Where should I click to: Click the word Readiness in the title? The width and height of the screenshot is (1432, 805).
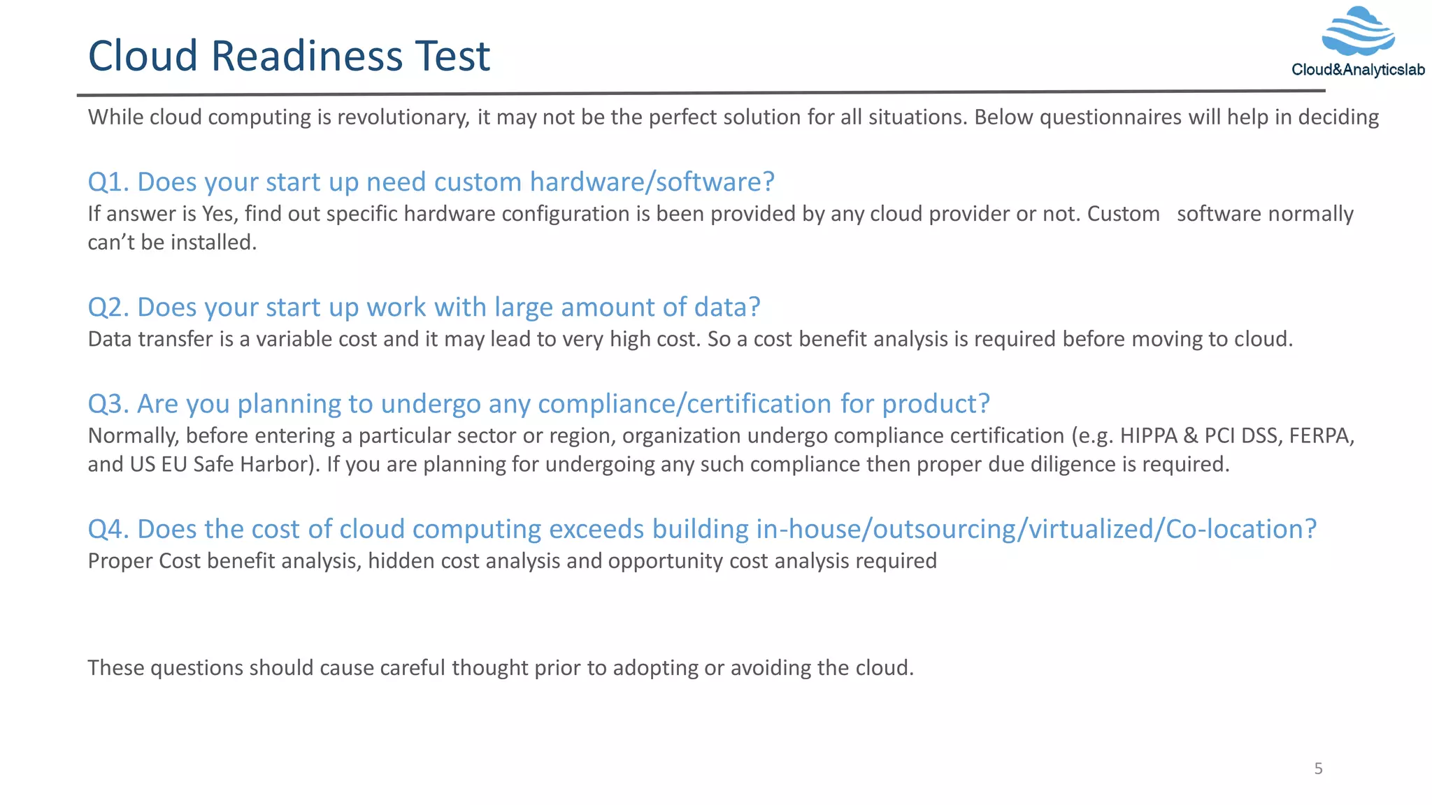pyautogui.click(x=307, y=56)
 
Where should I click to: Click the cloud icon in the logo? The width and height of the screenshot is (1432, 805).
pyautogui.click(x=1358, y=31)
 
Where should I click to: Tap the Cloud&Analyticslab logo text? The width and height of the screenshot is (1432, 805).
pyautogui.click(x=1358, y=70)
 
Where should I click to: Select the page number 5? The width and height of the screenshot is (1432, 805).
pyautogui.click(x=1318, y=769)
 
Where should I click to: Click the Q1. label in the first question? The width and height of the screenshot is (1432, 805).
pyautogui.click(x=108, y=182)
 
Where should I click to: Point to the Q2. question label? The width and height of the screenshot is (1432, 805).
pyautogui.click(x=108, y=307)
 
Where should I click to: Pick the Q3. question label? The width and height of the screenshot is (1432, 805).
pyautogui.click(x=108, y=404)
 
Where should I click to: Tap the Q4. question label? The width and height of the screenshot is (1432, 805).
pyautogui.click(x=108, y=529)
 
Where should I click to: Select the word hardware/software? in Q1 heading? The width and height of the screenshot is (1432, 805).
pyautogui.click(x=652, y=182)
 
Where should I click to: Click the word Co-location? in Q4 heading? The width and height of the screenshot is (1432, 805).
pyautogui.click(x=1240, y=529)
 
